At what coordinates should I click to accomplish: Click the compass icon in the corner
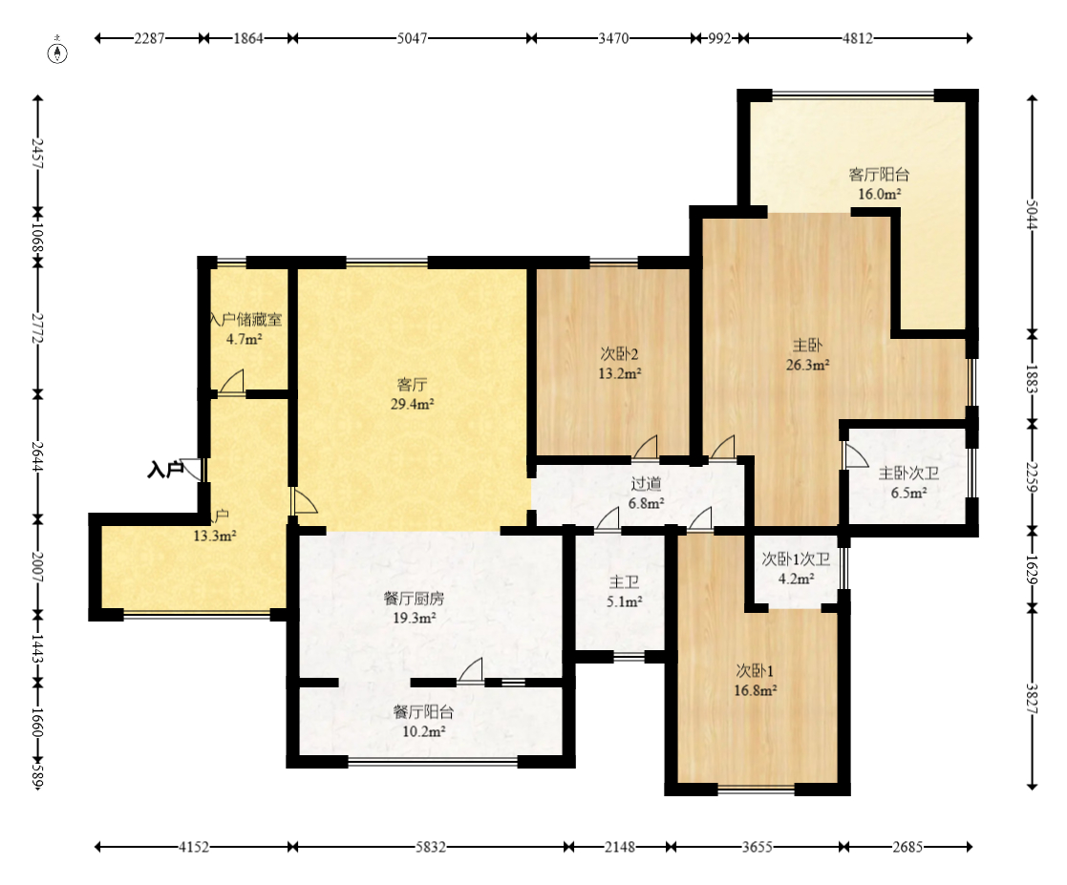click(x=58, y=52)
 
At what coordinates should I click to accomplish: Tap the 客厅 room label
click(x=413, y=385)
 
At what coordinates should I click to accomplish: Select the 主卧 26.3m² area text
click(x=808, y=365)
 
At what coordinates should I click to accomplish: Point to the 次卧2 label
click(x=619, y=354)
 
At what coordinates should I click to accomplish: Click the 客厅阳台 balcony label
click(x=879, y=174)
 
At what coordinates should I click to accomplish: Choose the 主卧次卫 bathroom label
click(x=908, y=474)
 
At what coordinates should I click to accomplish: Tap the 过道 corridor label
click(x=646, y=484)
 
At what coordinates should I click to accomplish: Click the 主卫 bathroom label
click(x=624, y=582)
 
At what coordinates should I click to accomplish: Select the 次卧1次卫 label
click(x=796, y=559)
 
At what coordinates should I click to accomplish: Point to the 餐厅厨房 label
click(x=415, y=599)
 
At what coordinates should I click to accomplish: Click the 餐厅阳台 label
click(x=423, y=712)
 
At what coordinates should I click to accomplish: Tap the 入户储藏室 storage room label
click(x=245, y=319)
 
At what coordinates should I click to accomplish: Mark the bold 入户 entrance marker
click(x=165, y=470)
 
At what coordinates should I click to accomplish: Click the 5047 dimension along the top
click(x=413, y=38)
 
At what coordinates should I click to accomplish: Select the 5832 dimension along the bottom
click(x=431, y=847)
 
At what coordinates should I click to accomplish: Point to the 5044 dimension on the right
click(x=1032, y=214)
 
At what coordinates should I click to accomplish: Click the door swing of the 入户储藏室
click(x=232, y=381)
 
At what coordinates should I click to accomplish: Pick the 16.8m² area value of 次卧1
click(x=756, y=690)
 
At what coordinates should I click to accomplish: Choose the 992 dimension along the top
click(x=719, y=38)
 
